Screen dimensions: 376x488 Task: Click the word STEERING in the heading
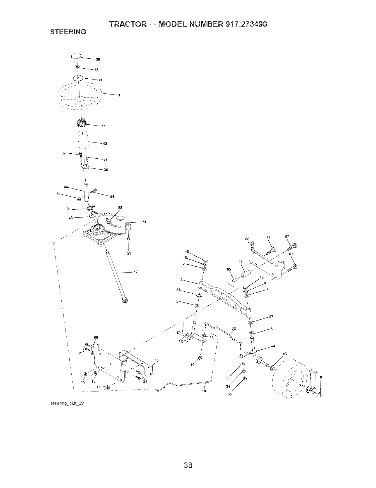pos(68,32)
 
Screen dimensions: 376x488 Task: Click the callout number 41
pos(103,126)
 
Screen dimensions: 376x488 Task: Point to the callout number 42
pos(105,144)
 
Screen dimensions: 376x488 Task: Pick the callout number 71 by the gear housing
pos(144,222)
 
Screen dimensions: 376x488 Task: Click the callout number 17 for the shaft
pos(136,272)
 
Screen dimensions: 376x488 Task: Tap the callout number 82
pos(156,361)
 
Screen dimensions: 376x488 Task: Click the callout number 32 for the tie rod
pos(234,328)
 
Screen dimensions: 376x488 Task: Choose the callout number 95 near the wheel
pos(315,373)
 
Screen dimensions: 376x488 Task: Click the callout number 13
pos(240,262)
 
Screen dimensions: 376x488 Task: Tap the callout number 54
pos(112,197)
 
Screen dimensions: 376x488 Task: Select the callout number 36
pos(106,170)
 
